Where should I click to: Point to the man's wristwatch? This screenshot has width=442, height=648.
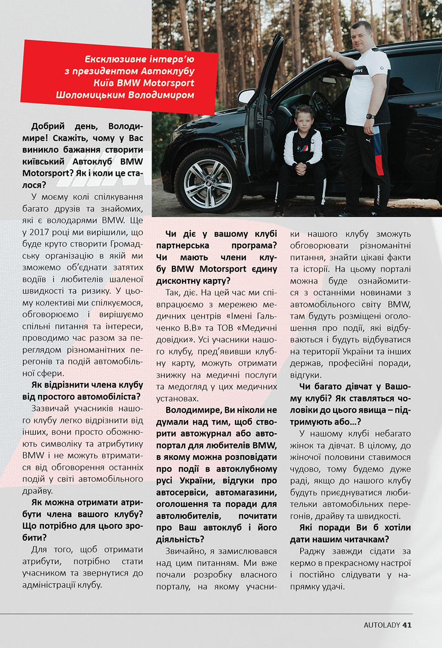pos(370,116)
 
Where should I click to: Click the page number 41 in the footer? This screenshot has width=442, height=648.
pos(406,625)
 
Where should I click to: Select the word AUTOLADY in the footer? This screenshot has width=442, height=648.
pos(381,625)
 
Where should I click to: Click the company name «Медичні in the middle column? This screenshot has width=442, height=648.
pos(257,326)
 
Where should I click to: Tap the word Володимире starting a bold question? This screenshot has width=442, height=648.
pos(192,410)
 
